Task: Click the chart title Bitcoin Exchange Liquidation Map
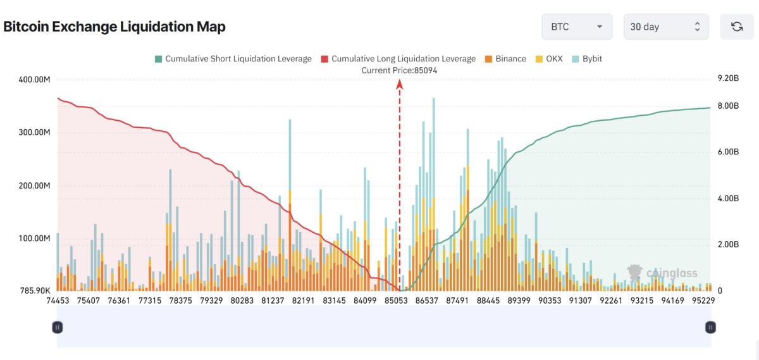tap(114, 27)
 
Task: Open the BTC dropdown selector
tap(576, 27)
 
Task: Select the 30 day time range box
tap(665, 27)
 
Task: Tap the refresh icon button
tap(737, 27)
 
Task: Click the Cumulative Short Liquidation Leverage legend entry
tap(233, 59)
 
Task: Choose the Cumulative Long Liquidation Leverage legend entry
tap(398, 59)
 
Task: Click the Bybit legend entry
tap(587, 59)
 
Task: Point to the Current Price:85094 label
tap(399, 70)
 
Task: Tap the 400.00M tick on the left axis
tap(35, 80)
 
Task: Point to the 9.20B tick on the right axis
tap(729, 80)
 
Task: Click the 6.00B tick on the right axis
tap(729, 152)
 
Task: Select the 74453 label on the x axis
tap(58, 301)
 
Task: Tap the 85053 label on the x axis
tap(395, 301)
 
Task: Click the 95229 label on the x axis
tap(703, 301)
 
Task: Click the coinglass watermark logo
tap(662, 273)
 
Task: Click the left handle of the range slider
tap(58, 327)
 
